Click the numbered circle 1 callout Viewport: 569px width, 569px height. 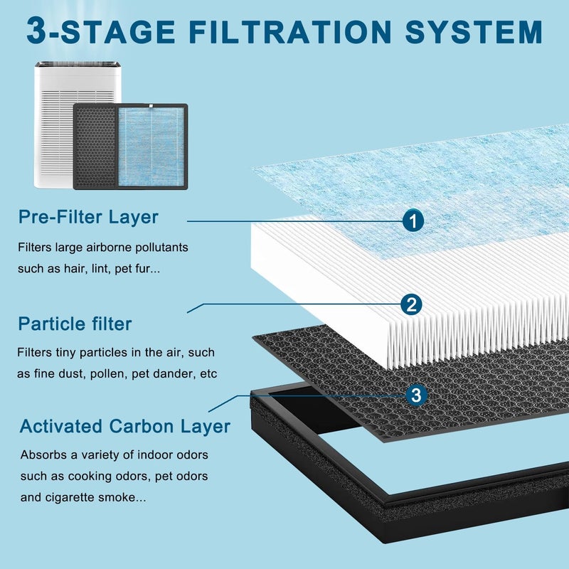pyautogui.click(x=413, y=220)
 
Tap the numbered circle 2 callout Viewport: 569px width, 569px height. pyautogui.click(x=412, y=304)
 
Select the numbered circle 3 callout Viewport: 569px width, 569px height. pyautogui.click(x=416, y=395)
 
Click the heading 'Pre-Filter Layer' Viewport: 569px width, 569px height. pyautogui.click(x=88, y=217)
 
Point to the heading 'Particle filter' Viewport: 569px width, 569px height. pyautogui.click(x=75, y=324)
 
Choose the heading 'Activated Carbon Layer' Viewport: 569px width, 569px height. pyautogui.click(x=125, y=426)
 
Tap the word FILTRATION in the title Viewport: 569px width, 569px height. pyautogui.click(x=290, y=31)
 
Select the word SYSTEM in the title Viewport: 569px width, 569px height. pyautogui.click(x=474, y=31)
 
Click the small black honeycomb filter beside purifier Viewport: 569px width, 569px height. pyautogui.click(x=95, y=147)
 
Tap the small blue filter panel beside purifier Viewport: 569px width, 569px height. pyautogui.click(x=152, y=147)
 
